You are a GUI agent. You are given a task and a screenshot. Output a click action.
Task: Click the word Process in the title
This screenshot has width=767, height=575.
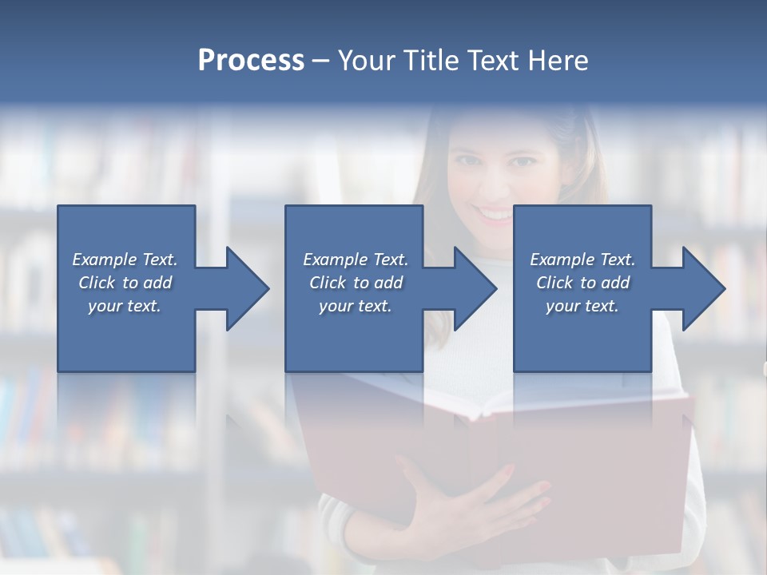251,61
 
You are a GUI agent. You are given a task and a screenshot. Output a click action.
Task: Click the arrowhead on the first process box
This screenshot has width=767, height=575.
246,288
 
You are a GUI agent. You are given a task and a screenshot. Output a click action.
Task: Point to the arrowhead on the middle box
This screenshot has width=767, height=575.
475,288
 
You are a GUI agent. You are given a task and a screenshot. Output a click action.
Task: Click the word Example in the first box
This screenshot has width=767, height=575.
104,260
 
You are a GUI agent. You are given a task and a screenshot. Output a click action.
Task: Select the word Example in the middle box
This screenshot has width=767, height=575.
335,260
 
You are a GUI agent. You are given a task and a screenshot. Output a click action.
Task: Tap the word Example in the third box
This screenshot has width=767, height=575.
562,260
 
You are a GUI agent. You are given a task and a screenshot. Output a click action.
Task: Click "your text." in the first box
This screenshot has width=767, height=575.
125,306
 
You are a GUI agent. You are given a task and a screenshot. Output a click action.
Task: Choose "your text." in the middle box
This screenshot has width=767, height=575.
356,306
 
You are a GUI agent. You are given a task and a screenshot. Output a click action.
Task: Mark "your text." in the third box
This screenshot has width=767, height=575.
582,306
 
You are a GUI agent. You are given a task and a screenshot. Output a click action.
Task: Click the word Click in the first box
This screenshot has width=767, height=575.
97,283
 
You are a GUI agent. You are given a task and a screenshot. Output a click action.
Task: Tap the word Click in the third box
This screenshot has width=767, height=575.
554,283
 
